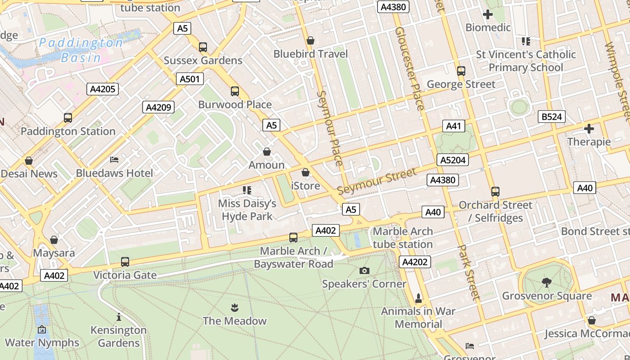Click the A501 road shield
(189, 79)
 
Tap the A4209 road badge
(158, 107)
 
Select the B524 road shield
(551, 117)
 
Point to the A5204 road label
(453, 160)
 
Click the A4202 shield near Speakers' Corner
(414, 262)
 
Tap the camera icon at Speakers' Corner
(364, 270)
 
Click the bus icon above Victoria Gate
(125, 261)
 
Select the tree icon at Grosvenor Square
(547, 283)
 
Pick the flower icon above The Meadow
(234, 308)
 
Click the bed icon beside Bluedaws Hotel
(114, 160)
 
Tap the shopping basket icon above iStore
(306, 172)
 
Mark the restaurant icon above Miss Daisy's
(247, 190)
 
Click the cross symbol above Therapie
(589, 129)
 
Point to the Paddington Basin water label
(81, 50)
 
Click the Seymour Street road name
(377, 181)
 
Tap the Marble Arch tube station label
(403, 238)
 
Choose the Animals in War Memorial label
(418, 317)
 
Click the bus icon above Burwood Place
(234, 91)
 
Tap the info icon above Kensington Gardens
(119, 317)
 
